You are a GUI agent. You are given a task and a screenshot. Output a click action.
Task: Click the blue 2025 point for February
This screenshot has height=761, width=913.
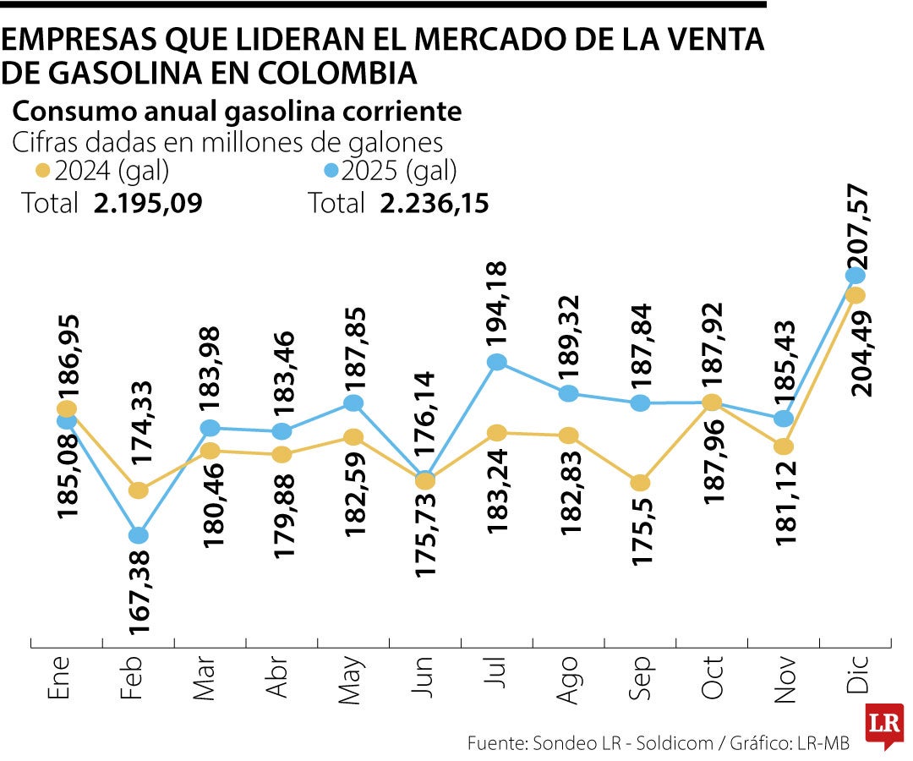tap(139, 535)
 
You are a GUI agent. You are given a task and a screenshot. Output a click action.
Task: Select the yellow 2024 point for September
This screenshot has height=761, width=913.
tap(641, 483)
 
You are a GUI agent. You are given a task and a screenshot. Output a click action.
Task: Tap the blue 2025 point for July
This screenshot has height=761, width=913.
tap(497, 362)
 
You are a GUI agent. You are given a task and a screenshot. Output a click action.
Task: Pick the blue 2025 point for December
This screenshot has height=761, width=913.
tap(855, 275)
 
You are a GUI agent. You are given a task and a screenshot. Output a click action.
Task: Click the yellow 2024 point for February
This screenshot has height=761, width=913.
tap(139, 490)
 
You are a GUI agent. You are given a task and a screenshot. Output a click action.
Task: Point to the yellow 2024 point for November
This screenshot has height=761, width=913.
tap(784, 446)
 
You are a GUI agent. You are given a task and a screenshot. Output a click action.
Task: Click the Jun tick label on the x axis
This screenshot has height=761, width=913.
tap(424, 681)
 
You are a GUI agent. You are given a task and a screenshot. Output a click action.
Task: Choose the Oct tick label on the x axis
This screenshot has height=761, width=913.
tap(712, 680)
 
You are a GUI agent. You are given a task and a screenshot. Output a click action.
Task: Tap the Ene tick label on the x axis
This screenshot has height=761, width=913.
tap(57, 681)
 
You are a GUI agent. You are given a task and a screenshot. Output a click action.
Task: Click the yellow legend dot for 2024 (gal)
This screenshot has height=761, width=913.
tap(43, 172)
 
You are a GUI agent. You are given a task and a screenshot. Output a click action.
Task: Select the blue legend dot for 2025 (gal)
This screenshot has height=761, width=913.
tap(331, 172)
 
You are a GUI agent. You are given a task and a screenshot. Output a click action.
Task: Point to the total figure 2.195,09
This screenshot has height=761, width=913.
tap(148, 204)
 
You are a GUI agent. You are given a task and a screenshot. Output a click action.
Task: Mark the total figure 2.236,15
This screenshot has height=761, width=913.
tap(434, 204)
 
